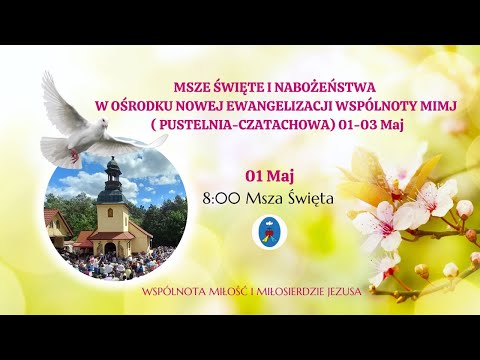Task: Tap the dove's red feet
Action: click(x=73, y=160)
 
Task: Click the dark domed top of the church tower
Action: click(x=112, y=172)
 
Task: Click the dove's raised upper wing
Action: click(x=60, y=95)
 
